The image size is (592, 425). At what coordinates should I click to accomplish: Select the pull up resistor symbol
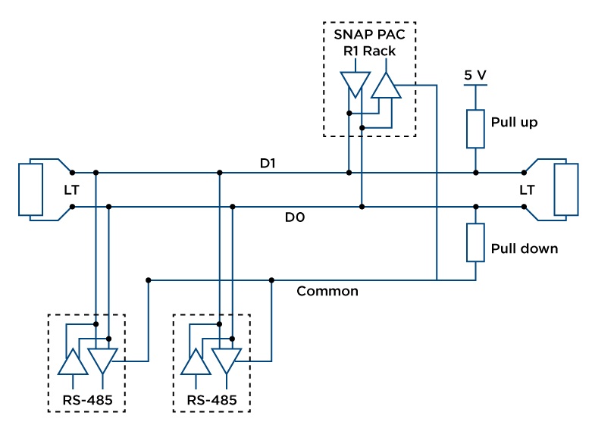[475, 128]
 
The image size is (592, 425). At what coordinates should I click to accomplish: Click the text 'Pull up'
[514, 122]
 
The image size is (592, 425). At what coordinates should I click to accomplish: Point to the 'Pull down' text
[524, 248]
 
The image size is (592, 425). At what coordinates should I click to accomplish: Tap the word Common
[327, 291]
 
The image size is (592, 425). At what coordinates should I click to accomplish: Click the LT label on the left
[71, 189]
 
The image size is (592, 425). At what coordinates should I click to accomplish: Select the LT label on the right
[526, 189]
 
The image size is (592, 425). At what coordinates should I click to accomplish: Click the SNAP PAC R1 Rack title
[369, 44]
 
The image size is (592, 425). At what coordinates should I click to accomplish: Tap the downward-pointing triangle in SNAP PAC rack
[354, 84]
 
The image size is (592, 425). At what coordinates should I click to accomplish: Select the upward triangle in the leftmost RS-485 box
[72, 362]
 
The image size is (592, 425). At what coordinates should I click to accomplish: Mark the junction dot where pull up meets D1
[475, 173]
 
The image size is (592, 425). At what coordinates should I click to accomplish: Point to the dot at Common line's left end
[149, 280]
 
